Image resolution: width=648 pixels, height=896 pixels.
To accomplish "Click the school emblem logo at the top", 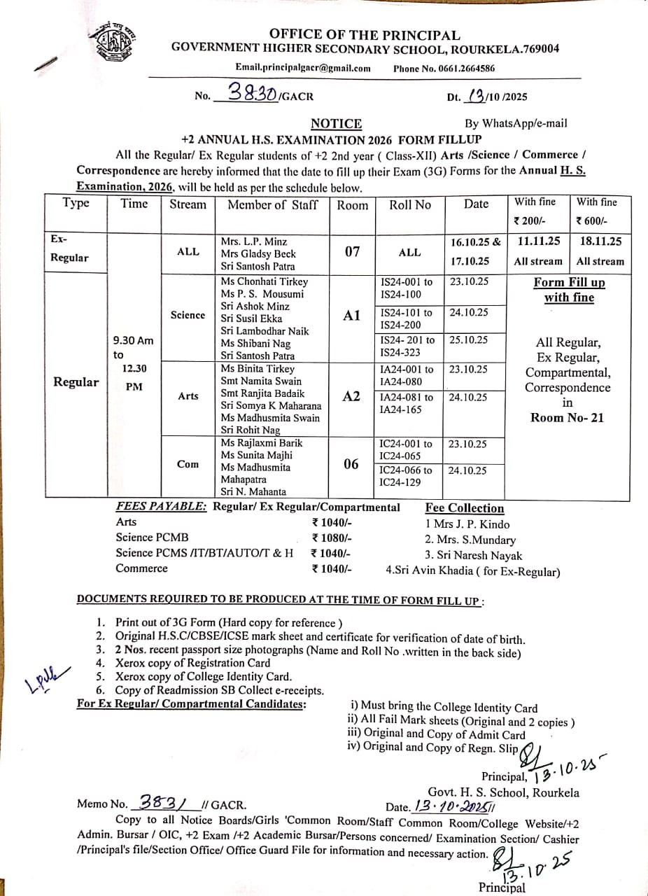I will pos(115,44).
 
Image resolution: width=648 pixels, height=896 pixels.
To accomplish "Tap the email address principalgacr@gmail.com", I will pos(303,68).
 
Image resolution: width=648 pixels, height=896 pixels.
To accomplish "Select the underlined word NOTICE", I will pos(336,124).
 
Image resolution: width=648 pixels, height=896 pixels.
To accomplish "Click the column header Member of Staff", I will pos(272,204).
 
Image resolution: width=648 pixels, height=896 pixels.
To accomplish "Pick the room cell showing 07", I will pos(352,251).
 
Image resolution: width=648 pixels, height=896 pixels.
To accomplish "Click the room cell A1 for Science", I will pos(352,316).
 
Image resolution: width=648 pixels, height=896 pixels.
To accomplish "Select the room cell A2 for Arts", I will pos(352,396).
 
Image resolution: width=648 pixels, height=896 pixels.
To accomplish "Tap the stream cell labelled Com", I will pos(188,463).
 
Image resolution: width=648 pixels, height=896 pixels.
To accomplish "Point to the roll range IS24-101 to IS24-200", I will pos(406,318).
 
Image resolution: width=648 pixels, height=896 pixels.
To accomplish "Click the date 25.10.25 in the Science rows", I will pos(469,339).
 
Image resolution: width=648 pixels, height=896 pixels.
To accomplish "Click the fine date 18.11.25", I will pos(600,241).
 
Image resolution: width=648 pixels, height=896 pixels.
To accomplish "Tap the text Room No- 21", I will pos(567,417).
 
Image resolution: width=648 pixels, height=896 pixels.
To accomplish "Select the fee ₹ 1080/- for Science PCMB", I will pos(332,538).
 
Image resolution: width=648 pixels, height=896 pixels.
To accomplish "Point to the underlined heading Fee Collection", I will pos(464,508).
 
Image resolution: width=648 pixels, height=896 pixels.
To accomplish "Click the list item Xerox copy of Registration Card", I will pos(192,663).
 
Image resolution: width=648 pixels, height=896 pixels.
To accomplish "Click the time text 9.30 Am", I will pos(133,341).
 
